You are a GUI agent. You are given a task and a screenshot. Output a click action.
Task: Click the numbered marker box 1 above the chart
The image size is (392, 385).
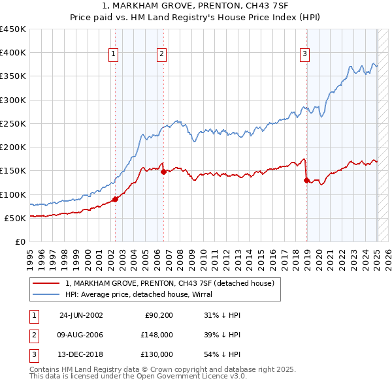(114, 55)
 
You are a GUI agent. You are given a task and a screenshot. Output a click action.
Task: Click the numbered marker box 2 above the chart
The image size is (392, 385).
(161, 55)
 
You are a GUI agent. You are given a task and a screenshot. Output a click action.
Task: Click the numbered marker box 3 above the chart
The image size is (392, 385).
(304, 55)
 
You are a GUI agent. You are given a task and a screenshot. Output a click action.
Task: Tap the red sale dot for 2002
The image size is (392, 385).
(116, 199)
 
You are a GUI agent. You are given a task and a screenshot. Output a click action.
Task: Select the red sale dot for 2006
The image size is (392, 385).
(163, 172)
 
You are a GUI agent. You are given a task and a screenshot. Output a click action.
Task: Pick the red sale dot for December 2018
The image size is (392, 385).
(306, 180)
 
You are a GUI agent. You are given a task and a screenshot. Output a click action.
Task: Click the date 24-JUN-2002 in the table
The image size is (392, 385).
(81, 315)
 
